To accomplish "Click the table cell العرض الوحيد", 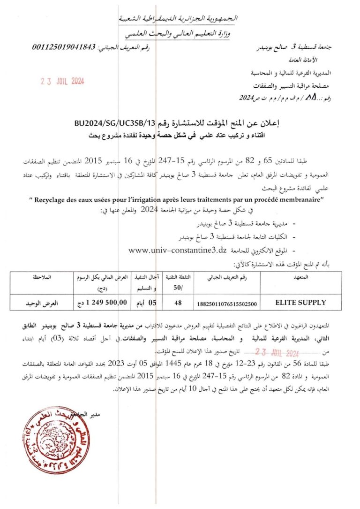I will (x=35, y=303).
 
